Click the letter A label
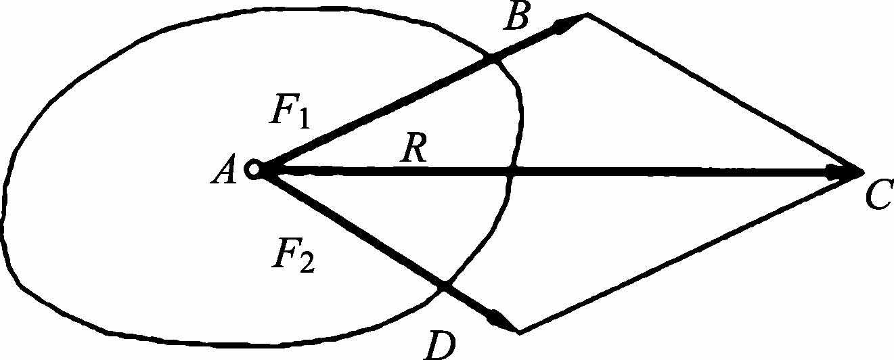(x=223, y=172)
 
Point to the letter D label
(x=440, y=345)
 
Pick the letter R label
(x=411, y=152)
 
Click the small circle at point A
(x=254, y=170)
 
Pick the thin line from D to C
(x=690, y=251)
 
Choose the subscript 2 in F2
(x=305, y=264)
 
